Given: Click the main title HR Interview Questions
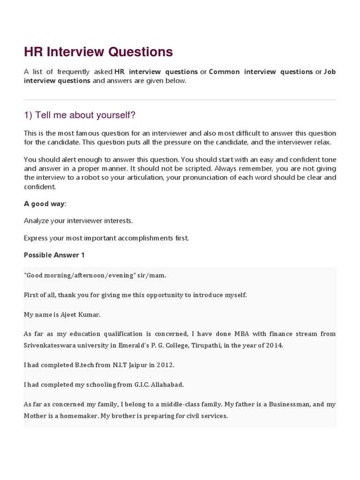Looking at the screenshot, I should click(98, 52).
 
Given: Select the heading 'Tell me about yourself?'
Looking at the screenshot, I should click(80, 115).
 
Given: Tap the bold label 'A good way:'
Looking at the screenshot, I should click(45, 203).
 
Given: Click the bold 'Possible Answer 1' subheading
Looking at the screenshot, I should click(54, 255).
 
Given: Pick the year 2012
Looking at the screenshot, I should click(165, 364).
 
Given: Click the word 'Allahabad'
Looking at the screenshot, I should click(167, 384).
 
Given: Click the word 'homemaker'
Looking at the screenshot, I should click(71, 415).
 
